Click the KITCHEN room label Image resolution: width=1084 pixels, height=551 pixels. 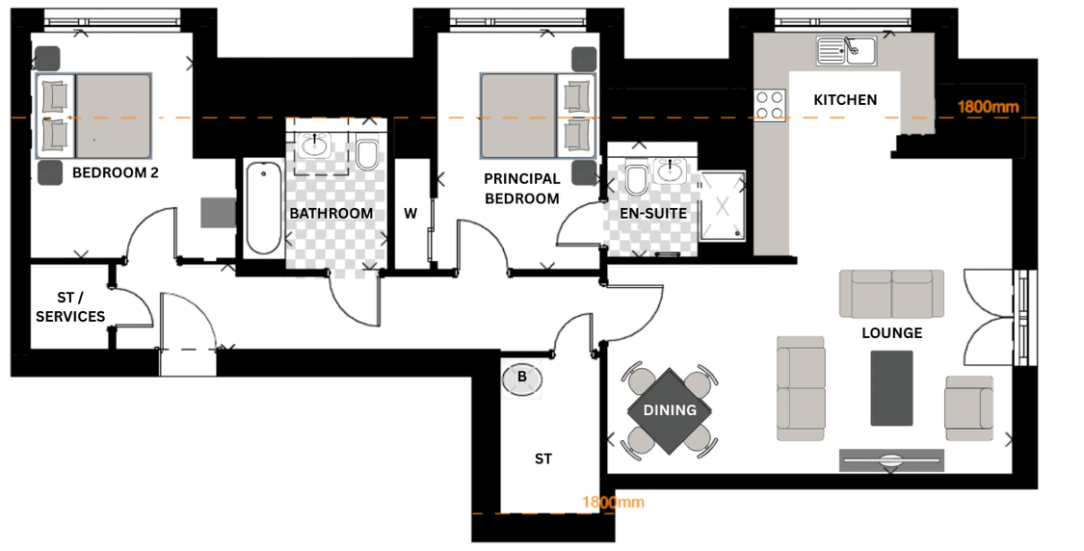pos(845,100)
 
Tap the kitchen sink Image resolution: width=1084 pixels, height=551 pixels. pos(846,50)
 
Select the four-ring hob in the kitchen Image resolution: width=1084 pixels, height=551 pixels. pos(770,105)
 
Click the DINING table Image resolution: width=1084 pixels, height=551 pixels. pos(670,410)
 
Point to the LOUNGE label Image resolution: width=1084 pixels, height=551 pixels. pos(892,333)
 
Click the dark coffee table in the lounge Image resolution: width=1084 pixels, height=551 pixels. pos(892,388)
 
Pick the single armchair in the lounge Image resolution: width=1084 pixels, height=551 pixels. pos(969,407)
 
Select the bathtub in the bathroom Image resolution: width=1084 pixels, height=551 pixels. pos(263,208)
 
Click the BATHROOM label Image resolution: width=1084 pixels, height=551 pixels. pos(331,214)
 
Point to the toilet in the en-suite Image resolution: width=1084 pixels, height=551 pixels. pos(635,179)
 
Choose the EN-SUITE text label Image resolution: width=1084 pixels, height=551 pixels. pos(653,214)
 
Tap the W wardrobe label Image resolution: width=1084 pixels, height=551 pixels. pos(410,214)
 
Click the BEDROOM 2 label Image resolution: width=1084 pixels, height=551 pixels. pos(116,172)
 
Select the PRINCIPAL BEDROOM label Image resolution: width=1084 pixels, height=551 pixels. pos(522,189)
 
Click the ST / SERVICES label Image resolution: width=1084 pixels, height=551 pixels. pos(70,307)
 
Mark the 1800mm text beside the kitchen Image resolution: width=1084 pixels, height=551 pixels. pos(988,107)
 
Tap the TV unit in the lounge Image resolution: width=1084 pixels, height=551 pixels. pos(892,461)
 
